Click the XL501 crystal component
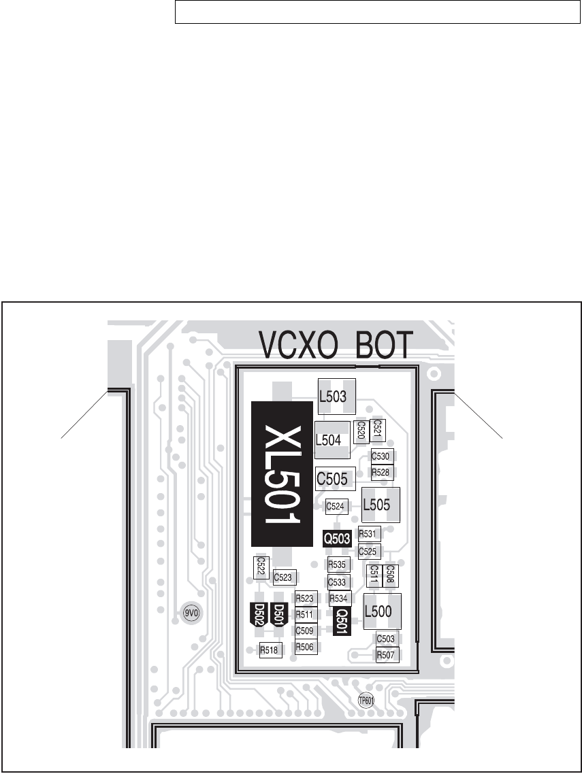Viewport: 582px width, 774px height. point(281,474)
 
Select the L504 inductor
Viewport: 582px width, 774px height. point(332,440)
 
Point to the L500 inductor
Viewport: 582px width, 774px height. point(382,611)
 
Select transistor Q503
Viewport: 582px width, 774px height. point(337,539)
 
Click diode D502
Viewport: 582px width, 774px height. point(259,614)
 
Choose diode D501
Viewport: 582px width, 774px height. point(279,614)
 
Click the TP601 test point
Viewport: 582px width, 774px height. point(366,701)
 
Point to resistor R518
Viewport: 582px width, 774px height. point(270,650)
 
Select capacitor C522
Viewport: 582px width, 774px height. point(260,567)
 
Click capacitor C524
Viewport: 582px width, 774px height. point(338,506)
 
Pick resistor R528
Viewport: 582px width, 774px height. point(381,472)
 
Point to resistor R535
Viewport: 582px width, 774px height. point(338,564)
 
